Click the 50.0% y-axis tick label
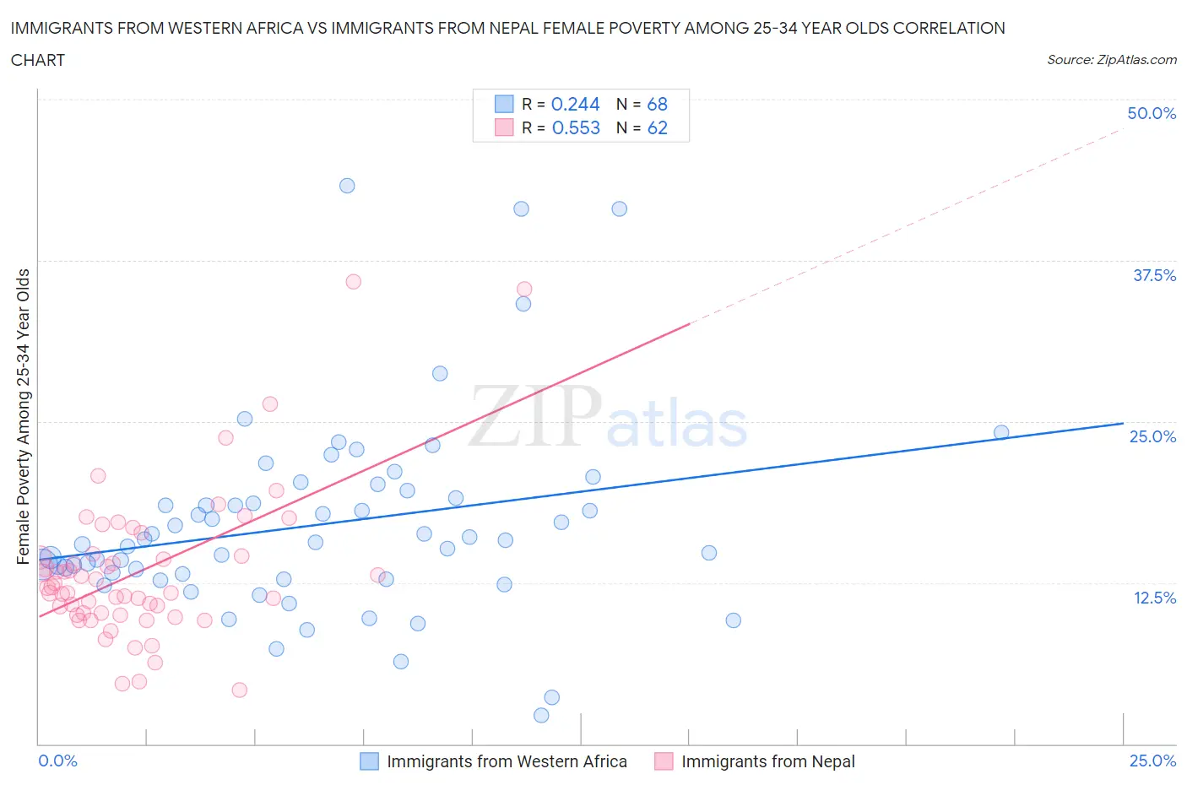click(1152, 113)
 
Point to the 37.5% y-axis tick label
click(1153, 275)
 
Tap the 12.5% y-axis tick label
click(1153, 598)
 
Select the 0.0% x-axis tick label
click(57, 761)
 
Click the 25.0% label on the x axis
click(1152, 761)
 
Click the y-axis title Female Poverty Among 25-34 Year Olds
click(24, 416)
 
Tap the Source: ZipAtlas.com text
click(1111, 60)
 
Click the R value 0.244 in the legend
click(575, 104)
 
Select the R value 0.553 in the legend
click(576, 127)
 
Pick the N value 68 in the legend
click(657, 104)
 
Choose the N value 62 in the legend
click(657, 127)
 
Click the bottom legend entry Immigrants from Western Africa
click(507, 761)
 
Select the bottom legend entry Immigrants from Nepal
click(767, 761)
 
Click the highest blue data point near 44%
click(347, 186)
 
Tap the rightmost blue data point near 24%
click(1001, 432)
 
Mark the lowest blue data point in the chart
click(541, 715)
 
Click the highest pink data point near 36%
click(354, 281)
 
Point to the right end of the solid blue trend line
click(1123, 423)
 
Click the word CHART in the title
click(38, 60)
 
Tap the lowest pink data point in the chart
click(240, 690)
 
